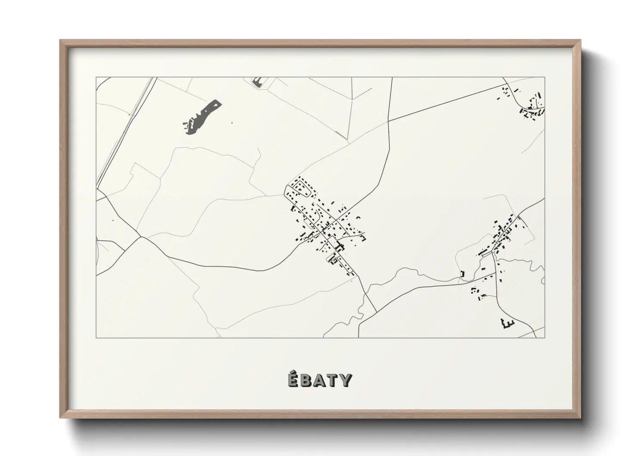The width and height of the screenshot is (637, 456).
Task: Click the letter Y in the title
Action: tap(345, 380)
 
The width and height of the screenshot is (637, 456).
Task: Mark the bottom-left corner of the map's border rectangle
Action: tap(96, 338)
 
